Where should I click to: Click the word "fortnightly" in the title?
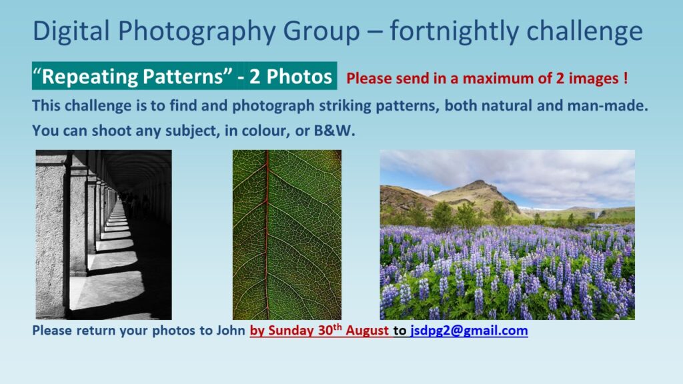454,31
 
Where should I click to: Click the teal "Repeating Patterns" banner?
184,76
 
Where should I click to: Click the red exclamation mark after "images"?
626,78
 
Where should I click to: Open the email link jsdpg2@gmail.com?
469,331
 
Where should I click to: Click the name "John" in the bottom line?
231,331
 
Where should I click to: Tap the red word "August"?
368,331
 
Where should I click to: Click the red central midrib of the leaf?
266,235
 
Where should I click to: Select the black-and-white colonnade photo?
103,235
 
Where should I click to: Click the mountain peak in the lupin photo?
478,183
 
